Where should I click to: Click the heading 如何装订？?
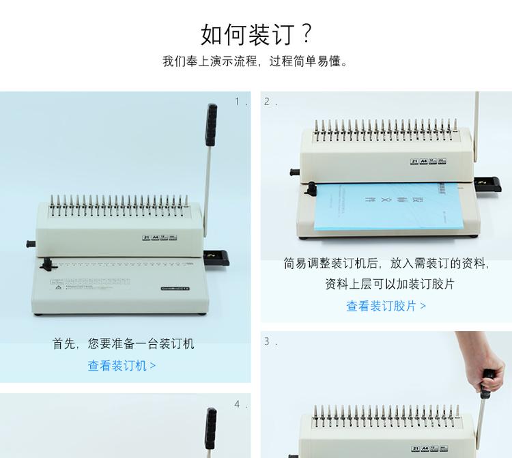coord(256,33)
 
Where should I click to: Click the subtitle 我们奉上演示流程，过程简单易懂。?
coord(256,61)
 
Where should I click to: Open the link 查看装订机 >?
coord(122,365)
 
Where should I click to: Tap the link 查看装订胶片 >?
coord(386,306)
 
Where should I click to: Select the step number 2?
coord(270,102)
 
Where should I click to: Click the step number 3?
coord(270,341)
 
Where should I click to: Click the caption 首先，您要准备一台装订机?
coord(123,343)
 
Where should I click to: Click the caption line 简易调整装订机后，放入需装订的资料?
coord(386,263)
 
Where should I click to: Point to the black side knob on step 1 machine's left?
coord(31,243)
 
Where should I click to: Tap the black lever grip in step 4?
coord(212,423)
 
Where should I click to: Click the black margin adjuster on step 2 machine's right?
coord(489,182)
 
